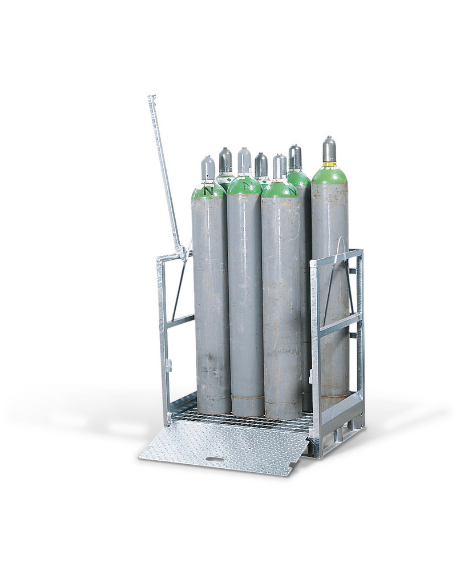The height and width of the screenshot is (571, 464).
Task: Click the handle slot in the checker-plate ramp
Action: [215, 459]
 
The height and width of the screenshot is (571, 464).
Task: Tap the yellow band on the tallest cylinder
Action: [329, 164]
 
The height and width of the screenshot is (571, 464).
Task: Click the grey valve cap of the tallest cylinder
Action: [329, 150]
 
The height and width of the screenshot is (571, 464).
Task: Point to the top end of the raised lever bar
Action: [151, 99]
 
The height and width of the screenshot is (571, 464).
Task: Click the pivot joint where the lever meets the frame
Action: [180, 251]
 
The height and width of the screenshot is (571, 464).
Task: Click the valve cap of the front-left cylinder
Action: [208, 169]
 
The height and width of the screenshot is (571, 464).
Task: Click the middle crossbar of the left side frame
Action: [180, 321]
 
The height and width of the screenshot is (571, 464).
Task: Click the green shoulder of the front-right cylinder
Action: [280, 190]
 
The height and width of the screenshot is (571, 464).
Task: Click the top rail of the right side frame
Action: [337, 256]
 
